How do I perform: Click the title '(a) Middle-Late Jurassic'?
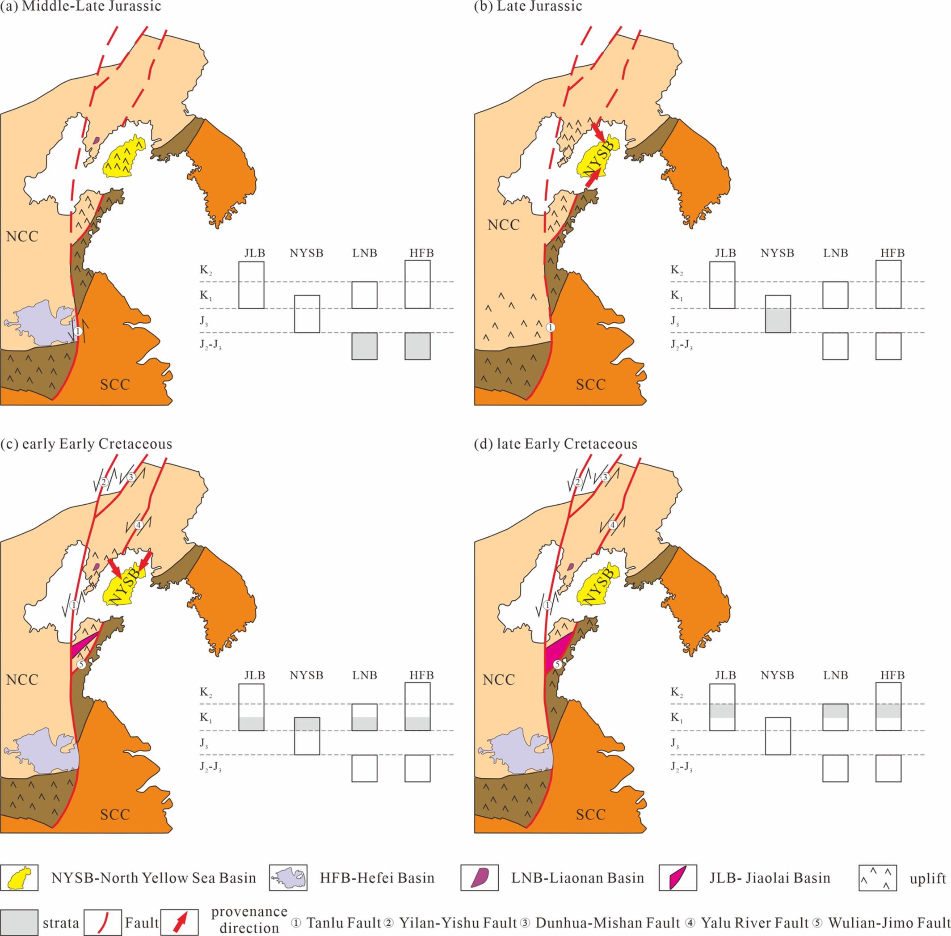[80, 6]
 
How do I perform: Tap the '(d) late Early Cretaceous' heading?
[555, 444]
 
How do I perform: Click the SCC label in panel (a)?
[115, 384]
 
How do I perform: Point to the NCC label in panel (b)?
[504, 225]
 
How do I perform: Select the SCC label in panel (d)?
[590, 814]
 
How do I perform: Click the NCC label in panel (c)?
[22, 679]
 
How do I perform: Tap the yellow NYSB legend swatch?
[19, 878]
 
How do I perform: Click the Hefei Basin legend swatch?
[288, 878]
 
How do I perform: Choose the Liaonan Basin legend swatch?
[479, 878]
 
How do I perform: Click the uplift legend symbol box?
[877, 878]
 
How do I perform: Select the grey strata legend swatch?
[19, 923]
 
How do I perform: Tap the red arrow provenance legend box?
[180, 923]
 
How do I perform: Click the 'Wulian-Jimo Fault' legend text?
[889, 923]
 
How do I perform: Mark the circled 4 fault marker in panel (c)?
[139, 525]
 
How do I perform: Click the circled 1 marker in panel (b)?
[551, 327]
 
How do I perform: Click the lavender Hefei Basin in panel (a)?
[42, 325]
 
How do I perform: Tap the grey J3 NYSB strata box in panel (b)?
[778, 320]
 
